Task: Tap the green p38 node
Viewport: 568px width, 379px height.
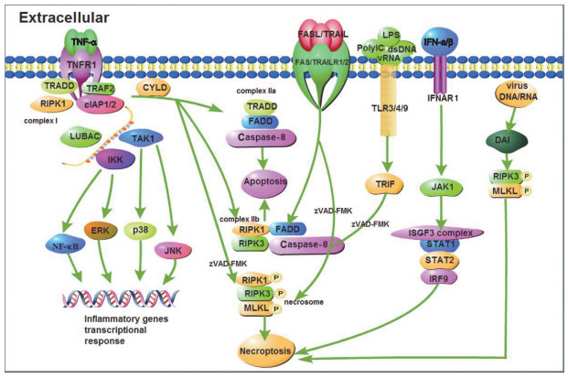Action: [x=140, y=231]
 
